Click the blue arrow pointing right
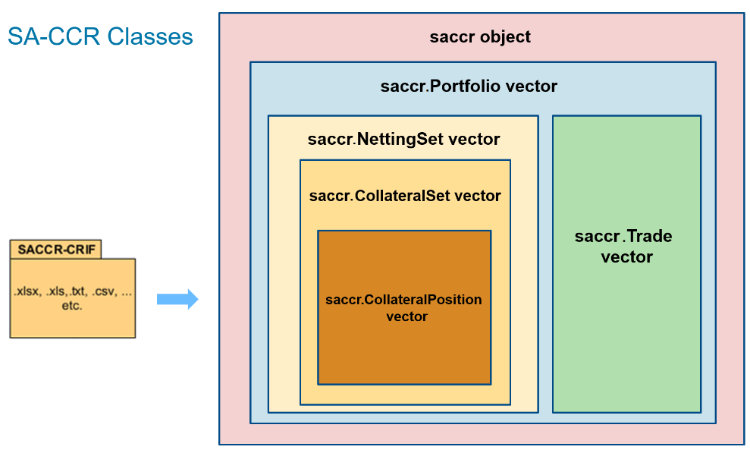177,299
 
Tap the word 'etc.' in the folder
72,306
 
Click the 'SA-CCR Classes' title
100,36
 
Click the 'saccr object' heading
480,36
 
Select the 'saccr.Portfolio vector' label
469,86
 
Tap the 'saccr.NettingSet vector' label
403,140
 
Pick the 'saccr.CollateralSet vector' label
405,196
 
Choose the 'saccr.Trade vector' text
626,247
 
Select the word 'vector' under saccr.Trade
626,257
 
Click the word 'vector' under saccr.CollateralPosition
407,316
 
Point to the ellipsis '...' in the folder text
127,293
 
